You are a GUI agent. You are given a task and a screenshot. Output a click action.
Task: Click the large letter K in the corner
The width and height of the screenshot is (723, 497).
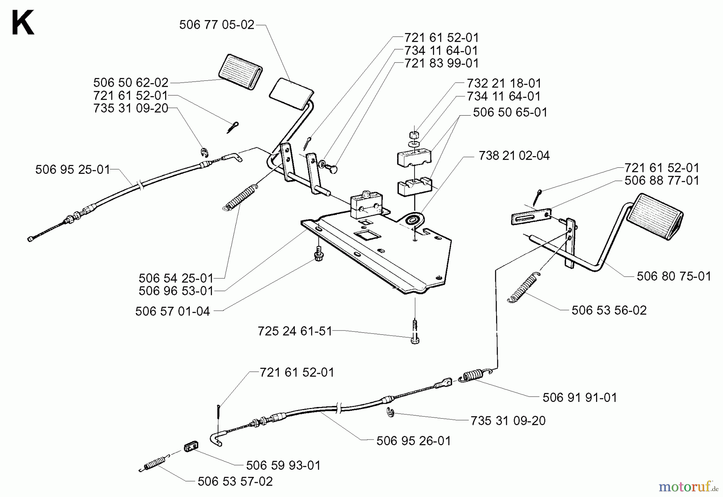point(22,23)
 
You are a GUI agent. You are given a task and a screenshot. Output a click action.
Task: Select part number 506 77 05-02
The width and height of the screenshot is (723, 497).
point(216,25)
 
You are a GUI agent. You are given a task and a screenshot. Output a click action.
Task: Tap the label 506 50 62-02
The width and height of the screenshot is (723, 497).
point(131,83)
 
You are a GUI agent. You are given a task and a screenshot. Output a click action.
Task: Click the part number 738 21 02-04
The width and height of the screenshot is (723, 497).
point(514,156)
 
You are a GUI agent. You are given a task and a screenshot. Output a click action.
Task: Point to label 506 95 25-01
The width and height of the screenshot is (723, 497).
point(72,169)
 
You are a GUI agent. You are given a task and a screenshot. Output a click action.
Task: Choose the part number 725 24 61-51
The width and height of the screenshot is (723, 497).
point(295,331)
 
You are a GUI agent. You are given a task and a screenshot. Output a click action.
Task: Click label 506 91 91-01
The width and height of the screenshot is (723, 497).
point(579,397)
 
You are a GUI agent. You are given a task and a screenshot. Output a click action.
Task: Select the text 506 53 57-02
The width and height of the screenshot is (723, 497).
point(235,481)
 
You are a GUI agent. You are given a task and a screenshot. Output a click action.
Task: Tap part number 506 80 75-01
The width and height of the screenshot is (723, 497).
point(674,276)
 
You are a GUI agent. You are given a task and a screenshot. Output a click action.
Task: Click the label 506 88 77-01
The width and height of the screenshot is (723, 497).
point(662,180)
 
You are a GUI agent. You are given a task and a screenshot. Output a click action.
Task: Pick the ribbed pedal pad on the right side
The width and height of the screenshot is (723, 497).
point(656,217)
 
